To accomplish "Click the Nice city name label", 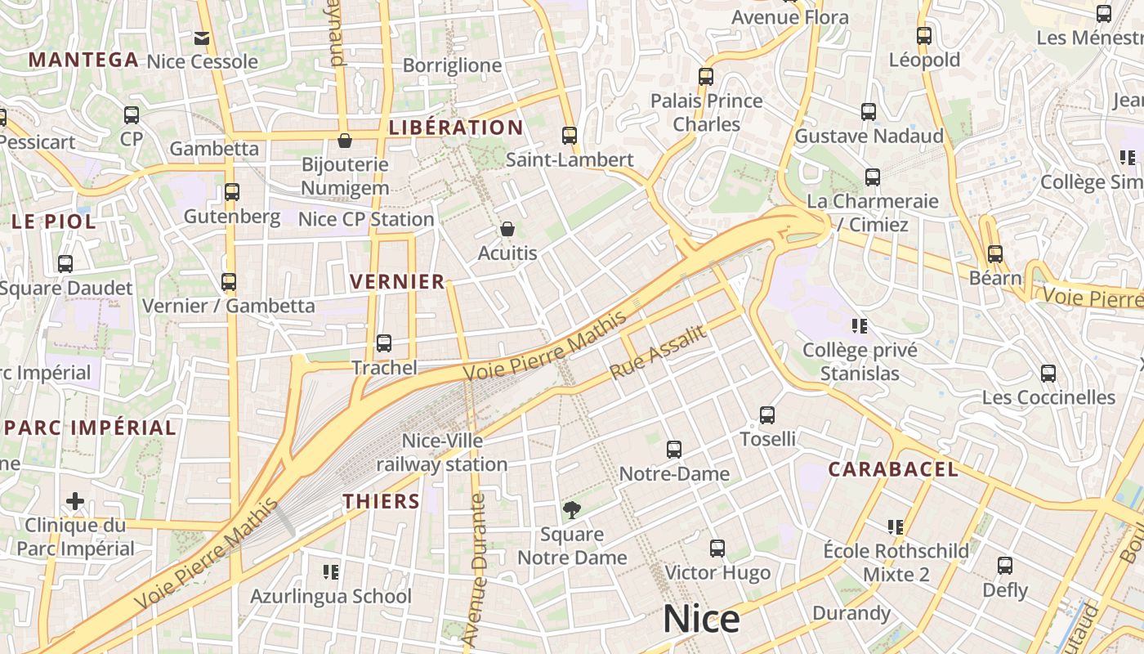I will tap(701, 620).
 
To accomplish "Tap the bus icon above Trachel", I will tap(384, 343).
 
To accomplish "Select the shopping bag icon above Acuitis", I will tap(507, 229).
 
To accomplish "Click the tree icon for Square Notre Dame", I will tap(572, 510).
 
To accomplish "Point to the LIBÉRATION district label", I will tap(456, 128).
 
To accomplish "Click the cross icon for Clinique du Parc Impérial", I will tap(75, 500).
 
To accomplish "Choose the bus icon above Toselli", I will tap(767, 414).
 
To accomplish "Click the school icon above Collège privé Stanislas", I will tap(859, 326).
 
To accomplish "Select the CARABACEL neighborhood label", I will tap(893, 469).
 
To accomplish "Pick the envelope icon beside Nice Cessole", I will tap(202, 38).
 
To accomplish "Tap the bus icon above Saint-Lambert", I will tap(570, 136).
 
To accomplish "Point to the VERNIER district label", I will tap(397, 282).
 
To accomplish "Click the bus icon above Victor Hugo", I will tap(717, 548).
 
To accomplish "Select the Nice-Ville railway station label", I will tap(442, 453).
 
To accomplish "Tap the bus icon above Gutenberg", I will tap(232, 192).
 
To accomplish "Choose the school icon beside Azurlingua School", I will tap(331, 571).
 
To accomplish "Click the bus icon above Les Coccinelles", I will tap(1048, 374).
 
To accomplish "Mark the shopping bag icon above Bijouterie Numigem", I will tap(345, 141).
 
